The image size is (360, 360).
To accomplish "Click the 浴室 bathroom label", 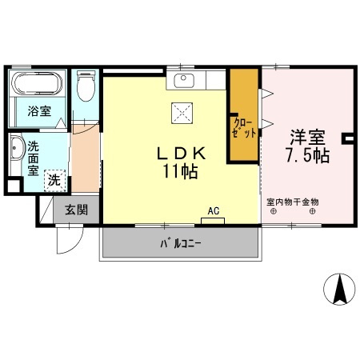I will [x=40, y=111].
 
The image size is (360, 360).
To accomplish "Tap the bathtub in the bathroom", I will [x=39, y=85].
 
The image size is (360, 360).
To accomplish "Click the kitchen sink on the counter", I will [x=183, y=80].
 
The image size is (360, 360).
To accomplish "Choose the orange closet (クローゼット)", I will [x=244, y=116].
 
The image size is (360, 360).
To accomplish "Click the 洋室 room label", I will [x=307, y=137].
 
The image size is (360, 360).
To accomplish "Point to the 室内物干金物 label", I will [x=293, y=202].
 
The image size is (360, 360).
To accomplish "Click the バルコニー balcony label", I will [x=181, y=242].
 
